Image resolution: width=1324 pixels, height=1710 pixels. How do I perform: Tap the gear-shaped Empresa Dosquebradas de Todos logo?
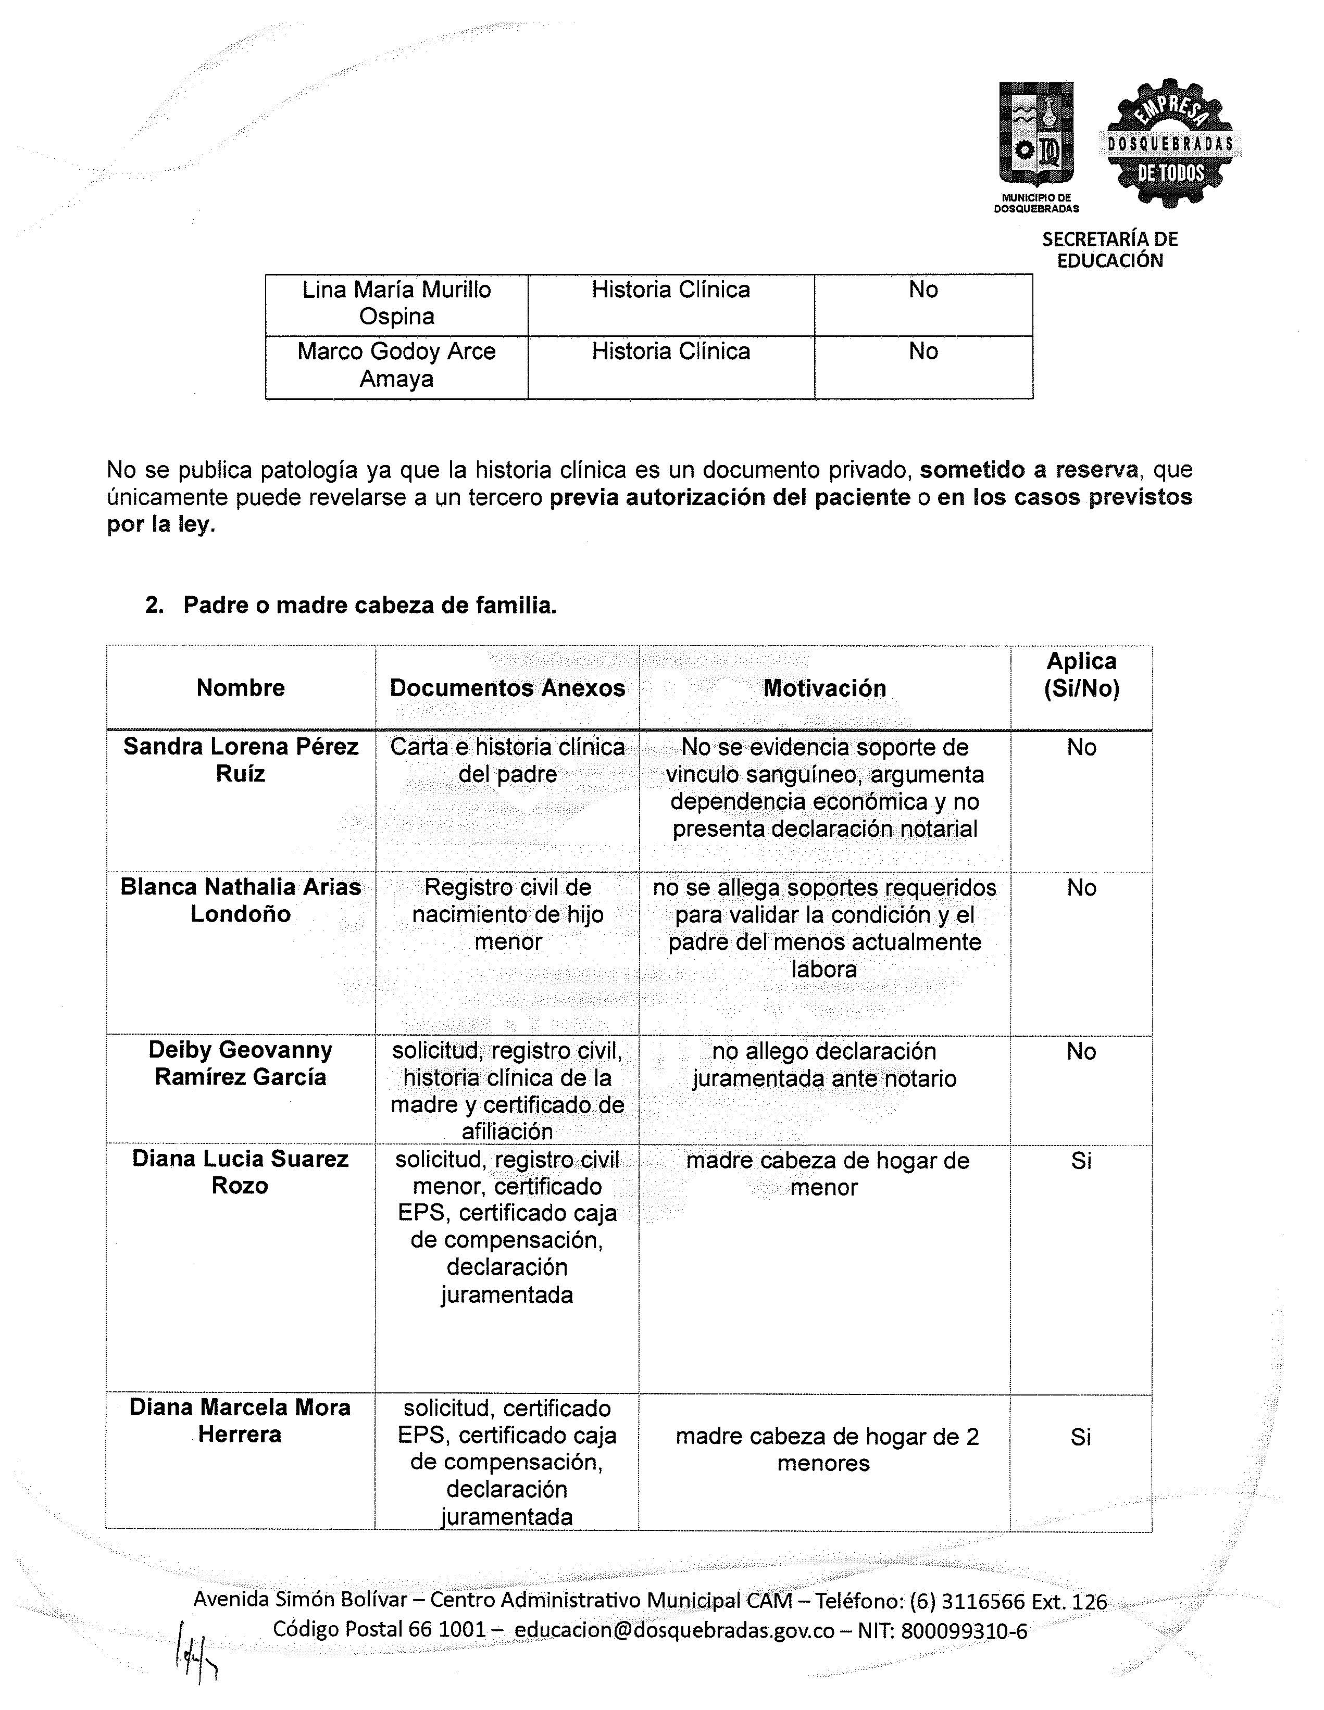click(x=1170, y=143)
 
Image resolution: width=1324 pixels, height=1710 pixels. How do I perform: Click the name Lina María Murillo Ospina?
click(x=396, y=303)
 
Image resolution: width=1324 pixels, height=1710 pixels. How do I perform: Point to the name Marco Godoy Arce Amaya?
click(x=396, y=365)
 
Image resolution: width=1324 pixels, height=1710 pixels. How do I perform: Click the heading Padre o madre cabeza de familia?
click(x=370, y=605)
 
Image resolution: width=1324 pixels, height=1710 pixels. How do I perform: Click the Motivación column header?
click(x=825, y=688)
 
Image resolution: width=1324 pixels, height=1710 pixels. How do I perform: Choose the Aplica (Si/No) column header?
click(x=1081, y=675)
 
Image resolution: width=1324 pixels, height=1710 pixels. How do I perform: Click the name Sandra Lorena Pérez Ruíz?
click(x=240, y=760)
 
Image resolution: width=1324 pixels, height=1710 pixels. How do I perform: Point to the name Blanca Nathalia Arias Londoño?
click(x=240, y=900)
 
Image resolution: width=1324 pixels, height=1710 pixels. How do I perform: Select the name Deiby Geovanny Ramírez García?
click(x=240, y=1063)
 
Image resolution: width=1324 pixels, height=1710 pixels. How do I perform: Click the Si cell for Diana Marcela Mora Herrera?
click(x=1081, y=1437)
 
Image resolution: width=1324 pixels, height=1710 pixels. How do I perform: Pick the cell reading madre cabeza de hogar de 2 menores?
click(x=825, y=1450)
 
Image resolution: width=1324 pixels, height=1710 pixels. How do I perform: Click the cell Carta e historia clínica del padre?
click(x=507, y=760)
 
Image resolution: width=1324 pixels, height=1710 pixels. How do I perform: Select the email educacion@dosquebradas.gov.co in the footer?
click(x=674, y=1629)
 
